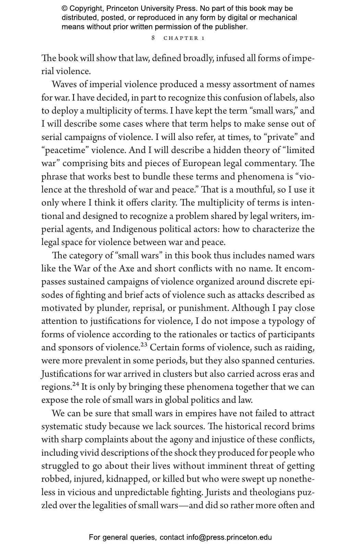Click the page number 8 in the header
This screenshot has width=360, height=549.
coord(153,38)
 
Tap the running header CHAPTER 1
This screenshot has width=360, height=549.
coord(184,38)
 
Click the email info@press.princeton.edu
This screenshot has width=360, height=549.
coord(229,537)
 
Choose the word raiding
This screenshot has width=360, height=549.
coord(300,348)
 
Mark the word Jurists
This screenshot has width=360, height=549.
coord(218,492)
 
